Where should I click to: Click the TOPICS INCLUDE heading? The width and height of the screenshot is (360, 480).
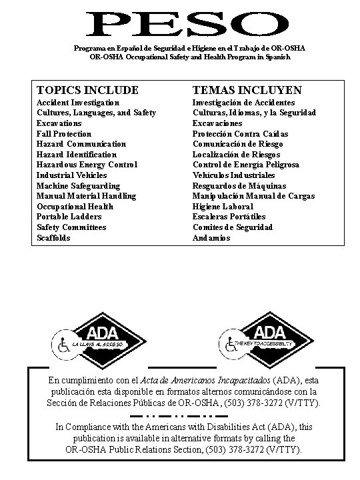tap(87, 89)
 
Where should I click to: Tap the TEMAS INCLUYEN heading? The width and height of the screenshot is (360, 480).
tap(247, 89)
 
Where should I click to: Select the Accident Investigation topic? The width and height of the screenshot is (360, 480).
tap(78, 103)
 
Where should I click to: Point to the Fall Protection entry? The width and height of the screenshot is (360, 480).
tap(64, 134)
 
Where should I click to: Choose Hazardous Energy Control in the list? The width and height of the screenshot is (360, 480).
tap(87, 165)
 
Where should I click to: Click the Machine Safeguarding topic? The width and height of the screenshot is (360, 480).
tap(78, 185)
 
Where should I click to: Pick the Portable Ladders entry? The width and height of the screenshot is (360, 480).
tap(69, 217)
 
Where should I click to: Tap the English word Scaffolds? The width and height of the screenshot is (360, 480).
tap(53, 237)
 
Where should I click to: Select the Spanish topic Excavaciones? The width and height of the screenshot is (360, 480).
tap(217, 123)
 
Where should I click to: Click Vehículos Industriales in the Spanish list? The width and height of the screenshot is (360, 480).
tap(233, 175)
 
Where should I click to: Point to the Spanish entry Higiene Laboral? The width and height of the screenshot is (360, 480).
tap(219, 206)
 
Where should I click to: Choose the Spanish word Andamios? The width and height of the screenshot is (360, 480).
tap(211, 237)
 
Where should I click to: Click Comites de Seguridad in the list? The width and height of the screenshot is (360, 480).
tap(233, 227)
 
